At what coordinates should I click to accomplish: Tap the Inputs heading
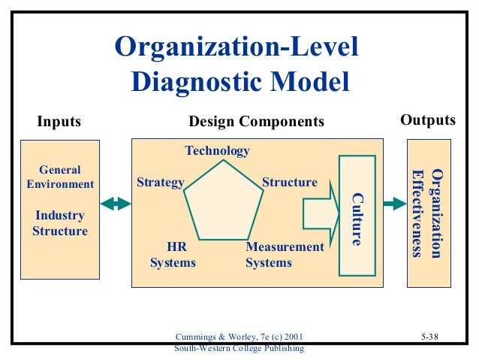pyautogui.click(x=59, y=121)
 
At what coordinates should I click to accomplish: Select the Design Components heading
pyautogui.click(x=256, y=121)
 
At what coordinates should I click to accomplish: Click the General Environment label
pyautogui.click(x=60, y=177)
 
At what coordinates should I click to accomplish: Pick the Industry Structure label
pyautogui.click(x=60, y=223)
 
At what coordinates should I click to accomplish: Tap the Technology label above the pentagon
pyautogui.click(x=217, y=151)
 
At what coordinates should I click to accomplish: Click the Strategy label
pyautogui.click(x=161, y=183)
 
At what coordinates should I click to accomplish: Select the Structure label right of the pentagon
pyautogui.click(x=290, y=183)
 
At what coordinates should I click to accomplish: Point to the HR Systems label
pyautogui.click(x=173, y=255)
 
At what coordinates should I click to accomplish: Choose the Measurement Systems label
pyautogui.click(x=285, y=255)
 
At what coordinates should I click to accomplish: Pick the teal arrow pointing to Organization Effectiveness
pyautogui.click(x=392, y=203)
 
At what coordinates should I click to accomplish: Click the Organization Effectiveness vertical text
pyautogui.click(x=429, y=213)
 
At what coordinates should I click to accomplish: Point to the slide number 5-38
pyautogui.click(x=429, y=337)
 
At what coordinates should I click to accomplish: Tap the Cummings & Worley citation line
pyautogui.click(x=239, y=337)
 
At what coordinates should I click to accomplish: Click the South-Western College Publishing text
pyautogui.click(x=239, y=348)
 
